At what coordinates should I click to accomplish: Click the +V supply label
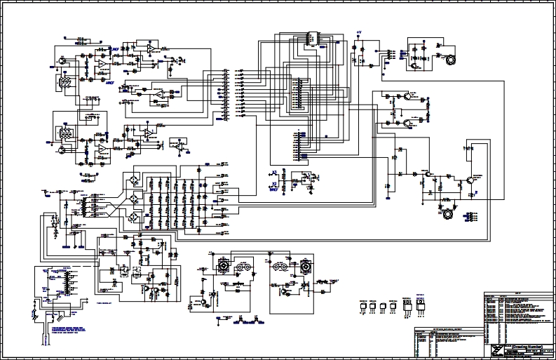358,32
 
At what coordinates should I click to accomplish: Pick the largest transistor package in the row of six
421,305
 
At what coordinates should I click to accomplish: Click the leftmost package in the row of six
363,306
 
